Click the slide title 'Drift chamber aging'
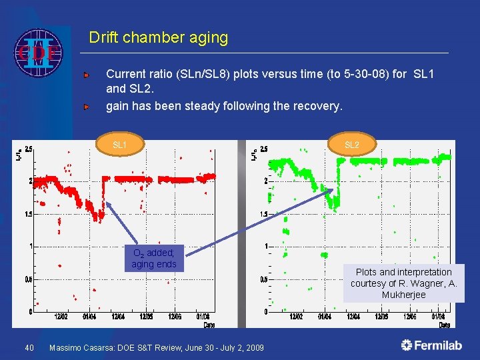pos(158,38)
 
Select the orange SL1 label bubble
pos(120,145)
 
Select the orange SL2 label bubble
pos(351,145)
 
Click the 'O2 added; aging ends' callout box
pos(154,259)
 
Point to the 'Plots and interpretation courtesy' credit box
pos(403,283)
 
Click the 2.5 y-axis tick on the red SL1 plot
pos(29,149)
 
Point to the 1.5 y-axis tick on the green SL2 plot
pos(264,214)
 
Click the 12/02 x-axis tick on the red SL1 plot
pos(60,317)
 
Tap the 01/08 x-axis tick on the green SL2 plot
pos(438,317)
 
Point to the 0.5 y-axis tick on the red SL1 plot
pos(29,279)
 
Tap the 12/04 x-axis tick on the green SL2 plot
pos(354,317)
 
